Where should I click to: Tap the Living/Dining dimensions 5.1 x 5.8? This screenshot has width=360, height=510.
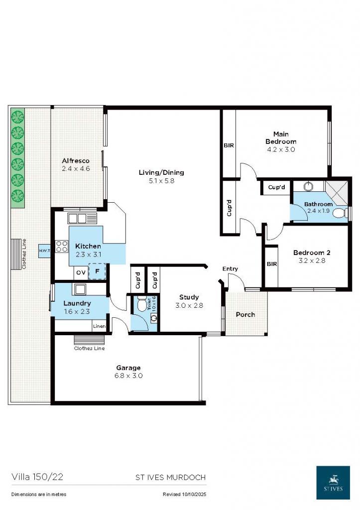pyautogui.click(x=161, y=181)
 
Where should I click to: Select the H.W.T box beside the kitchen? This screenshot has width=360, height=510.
pyautogui.click(x=44, y=251)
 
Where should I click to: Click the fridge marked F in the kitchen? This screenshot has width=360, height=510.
pyautogui.click(x=97, y=272)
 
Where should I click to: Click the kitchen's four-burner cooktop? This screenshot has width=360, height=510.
pyautogui.click(x=62, y=246)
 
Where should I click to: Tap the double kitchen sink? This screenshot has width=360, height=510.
pyautogui.click(x=77, y=218)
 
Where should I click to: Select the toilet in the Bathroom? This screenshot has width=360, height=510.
pyautogui.click(x=340, y=213)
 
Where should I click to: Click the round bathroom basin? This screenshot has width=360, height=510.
pyautogui.click(x=308, y=187)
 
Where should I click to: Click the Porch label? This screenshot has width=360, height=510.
pyautogui.click(x=245, y=314)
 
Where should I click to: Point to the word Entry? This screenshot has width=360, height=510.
pyautogui.click(x=230, y=269)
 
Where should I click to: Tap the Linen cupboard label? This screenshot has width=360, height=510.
pyautogui.click(x=99, y=326)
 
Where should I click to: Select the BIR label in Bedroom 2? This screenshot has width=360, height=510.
pyautogui.click(x=271, y=264)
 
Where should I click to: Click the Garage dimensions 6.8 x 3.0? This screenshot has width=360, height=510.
pyautogui.click(x=128, y=376)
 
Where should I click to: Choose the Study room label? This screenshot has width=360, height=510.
pyautogui.click(x=189, y=297)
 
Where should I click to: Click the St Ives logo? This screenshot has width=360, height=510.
pyautogui.click(x=333, y=482)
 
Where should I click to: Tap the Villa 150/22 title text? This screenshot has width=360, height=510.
pyautogui.click(x=37, y=477)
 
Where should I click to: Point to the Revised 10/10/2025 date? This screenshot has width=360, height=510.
pyautogui.click(x=184, y=495)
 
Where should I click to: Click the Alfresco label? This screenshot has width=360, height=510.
pyautogui.click(x=76, y=161)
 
